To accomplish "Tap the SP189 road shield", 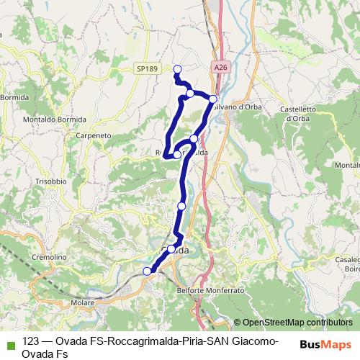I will (146, 68).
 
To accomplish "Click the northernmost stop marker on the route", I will (177, 69).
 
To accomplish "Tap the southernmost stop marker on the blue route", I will (148, 271).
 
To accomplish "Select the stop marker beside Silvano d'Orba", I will (213, 99).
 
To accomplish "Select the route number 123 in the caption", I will (31, 342).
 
